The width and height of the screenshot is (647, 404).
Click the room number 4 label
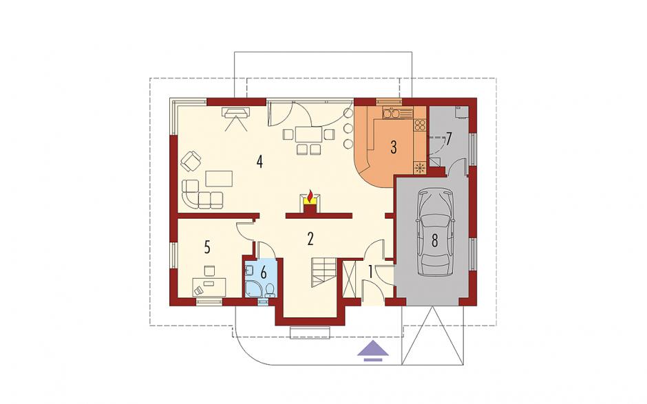tap(259, 161)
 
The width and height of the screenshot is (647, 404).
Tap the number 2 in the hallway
tap(310, 239)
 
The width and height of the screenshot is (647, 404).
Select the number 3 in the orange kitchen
tap(394, 147)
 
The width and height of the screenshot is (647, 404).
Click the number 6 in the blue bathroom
tap(264, 273)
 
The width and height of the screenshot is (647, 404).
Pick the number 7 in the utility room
tap(449, 138)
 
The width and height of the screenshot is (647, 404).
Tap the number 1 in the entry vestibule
tap(370, 272)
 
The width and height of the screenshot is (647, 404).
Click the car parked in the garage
tap(434, 233)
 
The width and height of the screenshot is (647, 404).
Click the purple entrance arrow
tap(372, 350)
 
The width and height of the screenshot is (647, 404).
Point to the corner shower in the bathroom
tap(252, 288)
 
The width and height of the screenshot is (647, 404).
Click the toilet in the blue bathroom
tap(271, 290)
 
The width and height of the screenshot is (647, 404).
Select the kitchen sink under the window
tap(391, 112)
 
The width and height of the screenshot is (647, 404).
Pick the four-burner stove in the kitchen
tap(420, 125)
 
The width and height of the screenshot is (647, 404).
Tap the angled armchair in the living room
tap(191, 160)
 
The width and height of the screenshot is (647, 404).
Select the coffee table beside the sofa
tap(219, 178)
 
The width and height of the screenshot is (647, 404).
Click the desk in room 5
tap(209, 287)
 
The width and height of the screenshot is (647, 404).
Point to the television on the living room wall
tap(236, 111)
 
